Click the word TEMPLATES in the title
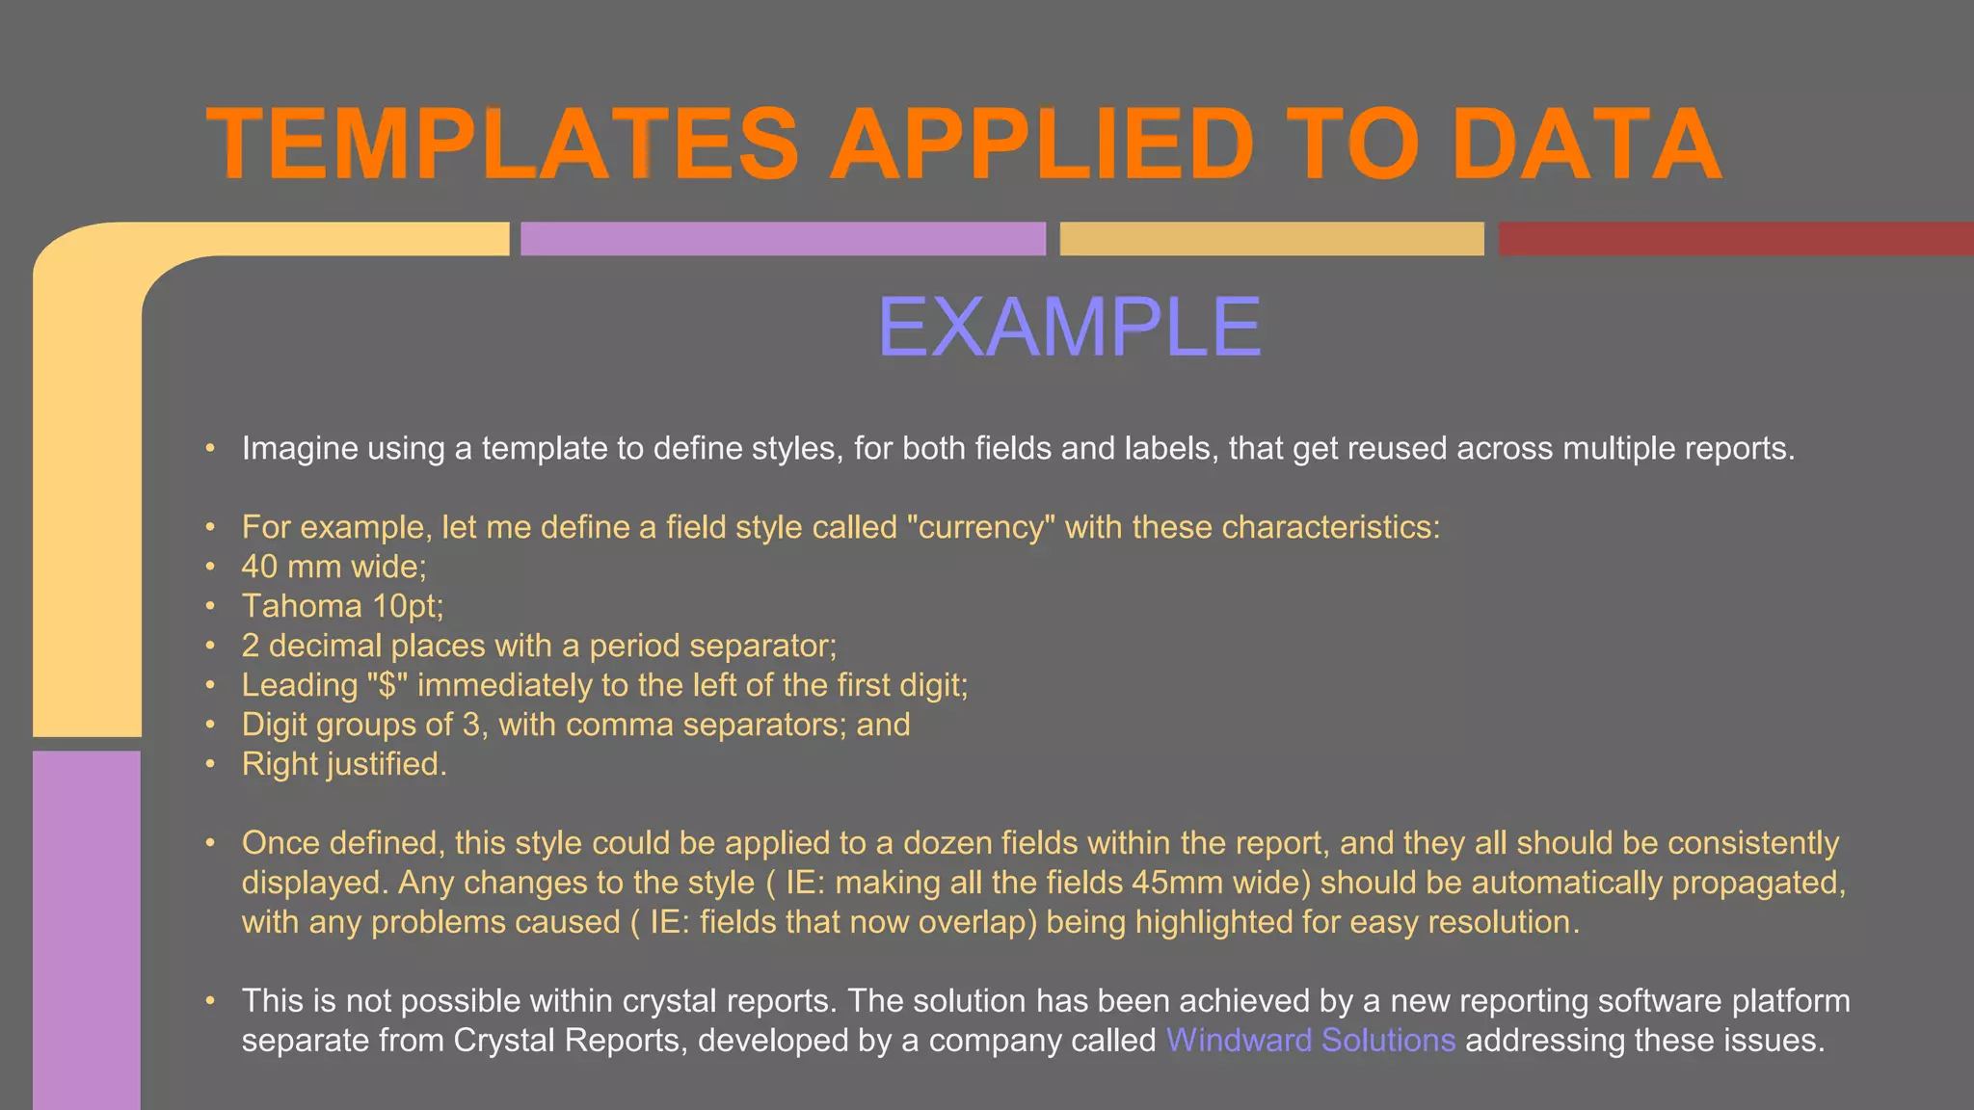(x=502, y=145)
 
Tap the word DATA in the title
(x=1586, y=145)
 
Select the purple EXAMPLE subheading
(x=1069, y=328)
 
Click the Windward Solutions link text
(x=1310, y=1041)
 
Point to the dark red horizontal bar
(x=1735, y=239)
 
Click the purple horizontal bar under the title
(x=783, y=239)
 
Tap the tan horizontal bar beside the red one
(x=1271, y=239)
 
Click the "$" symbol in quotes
(x=387, y=685)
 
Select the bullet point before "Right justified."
(x=210, y=764)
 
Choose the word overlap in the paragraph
(x=977, y=922)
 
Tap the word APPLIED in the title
(x=1041, y=145)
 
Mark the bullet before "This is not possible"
(x=210, y=1001)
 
